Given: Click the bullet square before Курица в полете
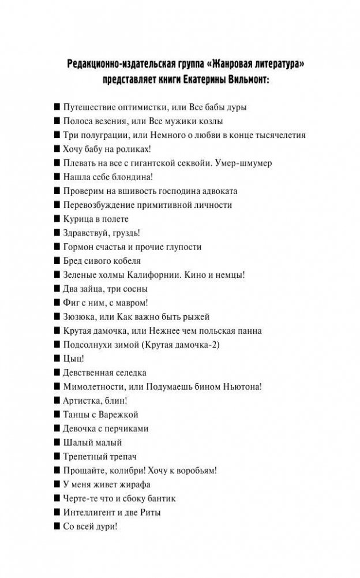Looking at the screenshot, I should click(57, 219).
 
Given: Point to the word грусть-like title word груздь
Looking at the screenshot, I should click(126, 233).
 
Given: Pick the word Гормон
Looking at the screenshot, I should click(78, 247).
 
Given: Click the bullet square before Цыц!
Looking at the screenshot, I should click(57, 359).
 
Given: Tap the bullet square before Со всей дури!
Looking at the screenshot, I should click(57, 526).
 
